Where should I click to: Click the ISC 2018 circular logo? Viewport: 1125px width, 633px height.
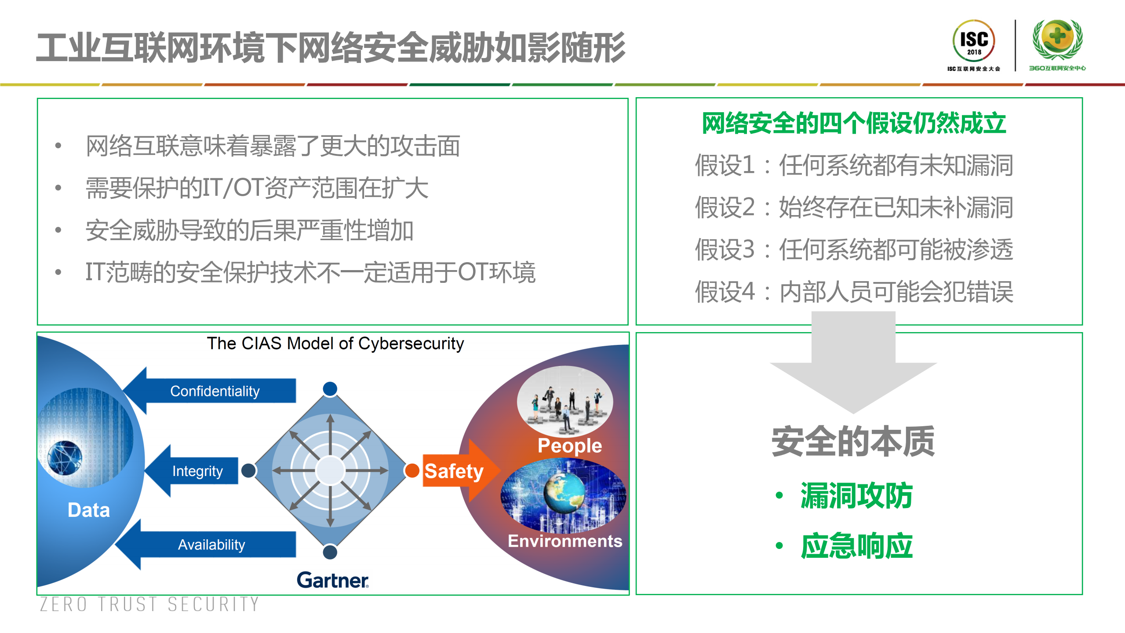[x=973, y=41]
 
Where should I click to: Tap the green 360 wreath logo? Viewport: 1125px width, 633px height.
[x=1057, y=40]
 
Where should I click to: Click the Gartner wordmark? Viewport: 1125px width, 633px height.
[x=333, y=580]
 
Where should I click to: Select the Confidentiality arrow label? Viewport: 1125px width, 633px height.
[x=215, y=391]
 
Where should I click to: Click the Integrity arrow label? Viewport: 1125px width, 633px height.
[x=197, y=471]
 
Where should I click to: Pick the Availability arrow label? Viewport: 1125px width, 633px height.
[x=211, y=545]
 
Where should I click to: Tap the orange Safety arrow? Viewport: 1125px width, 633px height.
[x=457, y=471]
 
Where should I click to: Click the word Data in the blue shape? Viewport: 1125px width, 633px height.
[x=89, y=510]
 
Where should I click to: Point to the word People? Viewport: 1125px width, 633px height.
[x=570, y=446]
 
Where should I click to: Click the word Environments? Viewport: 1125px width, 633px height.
[x=565, y=541]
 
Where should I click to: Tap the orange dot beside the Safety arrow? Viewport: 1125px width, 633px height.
[x=412, y=470]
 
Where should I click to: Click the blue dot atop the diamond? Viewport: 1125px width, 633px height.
[x=330, y=388]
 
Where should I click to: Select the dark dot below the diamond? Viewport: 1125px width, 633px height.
[x=330, y=553]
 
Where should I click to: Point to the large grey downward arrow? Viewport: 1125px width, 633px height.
[x=853, y=365]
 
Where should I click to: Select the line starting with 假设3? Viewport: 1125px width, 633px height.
[x=854, y=249]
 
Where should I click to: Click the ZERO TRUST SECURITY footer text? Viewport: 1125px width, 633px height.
[x=149, y=604]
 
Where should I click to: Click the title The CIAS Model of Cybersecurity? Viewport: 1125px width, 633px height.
[x=335, y=344]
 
